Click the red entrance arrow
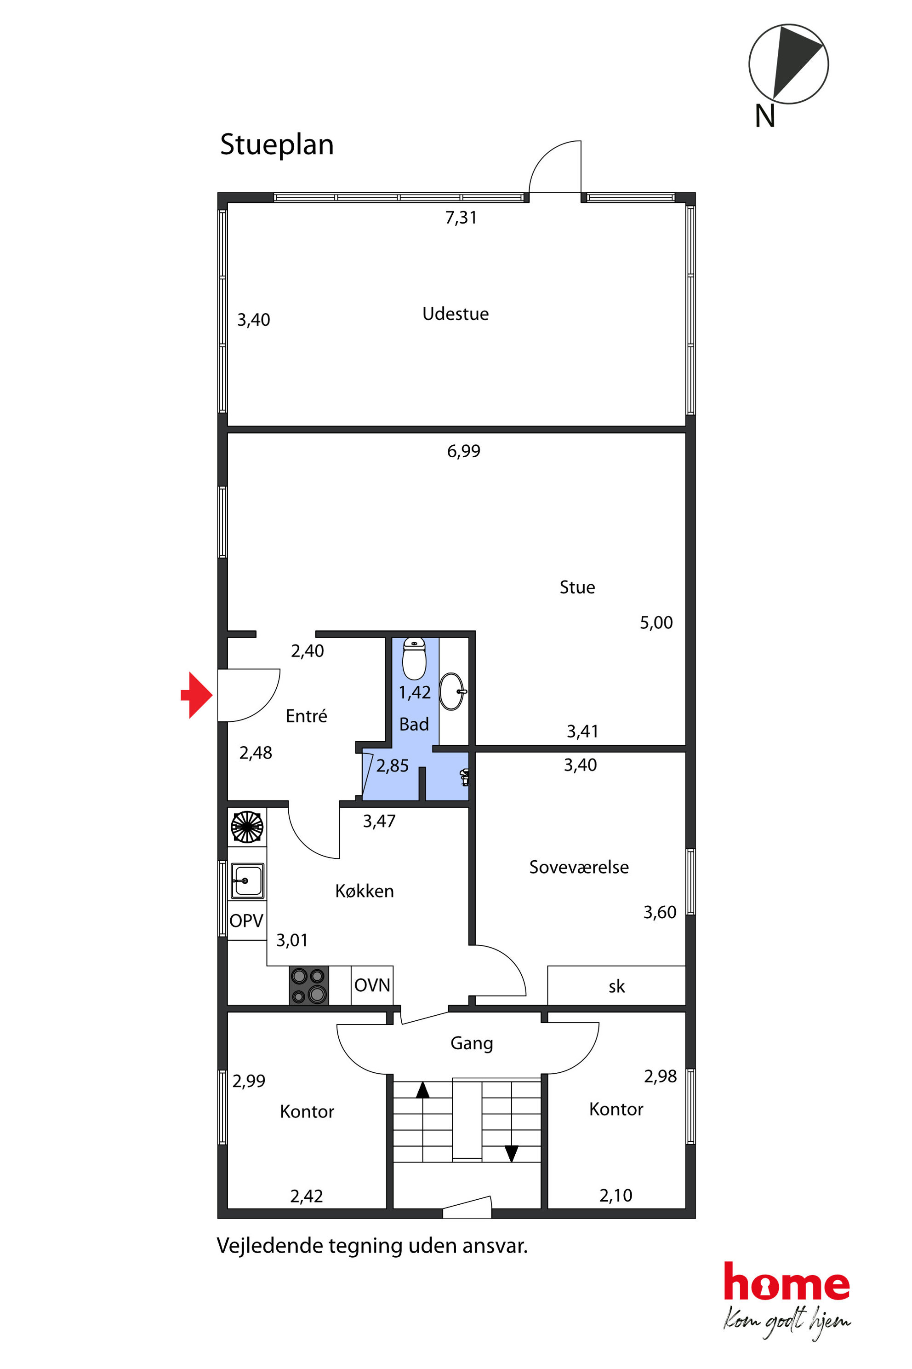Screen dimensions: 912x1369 pyautogui.click(x=197, y=695)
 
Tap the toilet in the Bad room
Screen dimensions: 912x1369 pyautogui.click(x=414, y=659)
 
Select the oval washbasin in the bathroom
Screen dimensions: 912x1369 pyautogui.click(x=452, y=691)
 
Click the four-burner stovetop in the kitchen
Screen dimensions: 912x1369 pyautogui.click(x=309, y=985)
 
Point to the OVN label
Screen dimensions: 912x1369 pyautogui.click(x=372, y=985)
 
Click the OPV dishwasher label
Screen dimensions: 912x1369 pyautogui.click(x=246, y=921)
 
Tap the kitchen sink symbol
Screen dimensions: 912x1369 pyautogui.click(x=247, y=880)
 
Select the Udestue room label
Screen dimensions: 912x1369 pyautogui.click(x=456, y=314)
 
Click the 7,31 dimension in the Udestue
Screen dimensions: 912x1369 pyautogui.click(x=461, y=218)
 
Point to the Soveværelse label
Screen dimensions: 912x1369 pyautogui.click(x=579, y=867)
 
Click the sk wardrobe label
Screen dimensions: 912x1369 pyautogui.click(x=616, y=986)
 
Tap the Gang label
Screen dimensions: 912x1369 pyautogui.click(x=472, y=1043)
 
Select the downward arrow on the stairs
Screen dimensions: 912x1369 pyautogui.click(x=511, y=1154)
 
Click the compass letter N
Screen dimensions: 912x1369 pyautogui.click(x=765, y=116)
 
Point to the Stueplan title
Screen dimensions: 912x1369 pyautogui.click(x=277, y=145)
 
